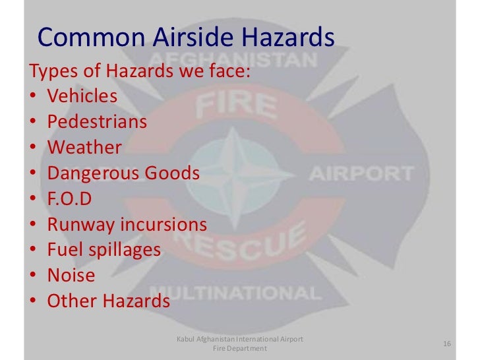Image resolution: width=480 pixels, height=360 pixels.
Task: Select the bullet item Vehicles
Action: point(82,96)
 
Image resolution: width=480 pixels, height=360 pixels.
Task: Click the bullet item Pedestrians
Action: point(97,121)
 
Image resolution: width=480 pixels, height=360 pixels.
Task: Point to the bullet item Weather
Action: point(84,147)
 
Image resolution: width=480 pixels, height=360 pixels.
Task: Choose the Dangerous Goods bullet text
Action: point(123,173)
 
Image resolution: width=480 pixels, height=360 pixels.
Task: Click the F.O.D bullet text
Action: point(69,198)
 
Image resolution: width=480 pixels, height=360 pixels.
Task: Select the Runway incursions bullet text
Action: point(127,224)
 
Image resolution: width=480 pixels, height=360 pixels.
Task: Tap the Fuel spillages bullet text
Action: point(104,250)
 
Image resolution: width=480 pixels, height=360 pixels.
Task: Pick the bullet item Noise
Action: point(71,276)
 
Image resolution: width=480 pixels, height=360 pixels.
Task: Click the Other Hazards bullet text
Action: point(108,301)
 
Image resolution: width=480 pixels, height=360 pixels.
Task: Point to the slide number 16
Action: point(446,344)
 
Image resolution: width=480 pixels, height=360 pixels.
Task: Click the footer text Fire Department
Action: point(239,349)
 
